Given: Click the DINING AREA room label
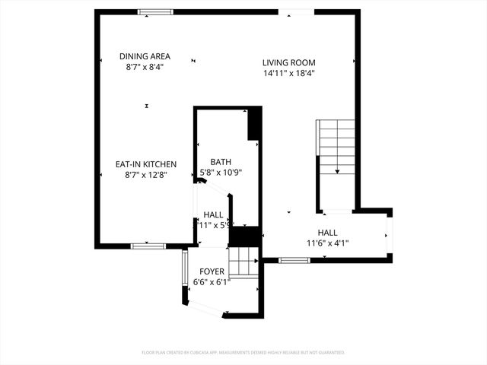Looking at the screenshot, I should tap(145, 56).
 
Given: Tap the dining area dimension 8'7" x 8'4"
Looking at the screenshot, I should tap(145, 68).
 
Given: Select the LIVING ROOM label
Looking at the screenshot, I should tap(288, 63).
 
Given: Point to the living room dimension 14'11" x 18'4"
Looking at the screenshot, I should tap(288, 75).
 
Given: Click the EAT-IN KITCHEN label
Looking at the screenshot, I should tap(146, 164).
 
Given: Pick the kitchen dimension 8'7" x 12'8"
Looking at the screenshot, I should tap(146, 175).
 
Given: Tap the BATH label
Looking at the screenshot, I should tap(221, 161).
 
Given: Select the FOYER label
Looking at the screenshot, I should tap(212, 271).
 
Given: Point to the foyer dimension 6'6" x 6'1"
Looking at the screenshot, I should tap(212, 282).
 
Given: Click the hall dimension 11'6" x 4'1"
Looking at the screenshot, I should tap(327, 243).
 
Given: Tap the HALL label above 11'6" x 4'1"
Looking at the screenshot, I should tap(327, 233).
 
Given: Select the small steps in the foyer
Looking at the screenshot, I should tap(243, 263).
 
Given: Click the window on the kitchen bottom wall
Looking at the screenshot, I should tap(148, 246).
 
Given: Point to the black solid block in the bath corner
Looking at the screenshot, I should tap(254, 122).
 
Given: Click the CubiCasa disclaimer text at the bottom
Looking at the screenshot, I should tap(243, 353).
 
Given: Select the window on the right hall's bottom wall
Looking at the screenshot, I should tap(294, 260).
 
